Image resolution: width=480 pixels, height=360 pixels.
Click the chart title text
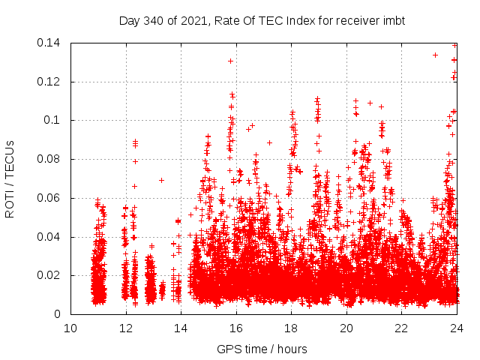coord(262,20)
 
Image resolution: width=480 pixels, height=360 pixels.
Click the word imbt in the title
coord(392,20)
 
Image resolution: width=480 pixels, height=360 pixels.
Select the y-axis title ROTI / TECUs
coord(10,179)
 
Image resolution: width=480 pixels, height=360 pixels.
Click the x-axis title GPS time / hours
coord(262,349)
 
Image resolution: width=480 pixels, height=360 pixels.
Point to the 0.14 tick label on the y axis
coord(51,43)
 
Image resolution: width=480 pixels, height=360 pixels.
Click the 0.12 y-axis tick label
coord(51,82)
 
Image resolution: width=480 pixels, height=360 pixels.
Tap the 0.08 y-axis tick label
coord(51,159)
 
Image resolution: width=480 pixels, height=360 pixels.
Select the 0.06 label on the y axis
coord(51,198)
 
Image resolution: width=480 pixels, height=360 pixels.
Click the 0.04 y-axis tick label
coord(51,237)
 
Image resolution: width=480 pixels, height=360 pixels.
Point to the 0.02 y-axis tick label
coord(51,275)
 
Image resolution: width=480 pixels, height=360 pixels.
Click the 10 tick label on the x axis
coord(70,328)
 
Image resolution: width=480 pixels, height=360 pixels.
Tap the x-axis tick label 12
coord(125,328)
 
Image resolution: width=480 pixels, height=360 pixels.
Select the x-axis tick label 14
coord(181,328)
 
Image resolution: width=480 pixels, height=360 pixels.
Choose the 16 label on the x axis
coord(236,328)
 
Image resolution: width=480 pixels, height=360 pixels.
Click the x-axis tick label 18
coord(291,328)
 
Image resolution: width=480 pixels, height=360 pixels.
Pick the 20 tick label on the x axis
coord(346,328)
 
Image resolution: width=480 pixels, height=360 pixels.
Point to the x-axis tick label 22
coord(402,328)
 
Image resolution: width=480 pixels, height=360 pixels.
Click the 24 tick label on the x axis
coord(457,328)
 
